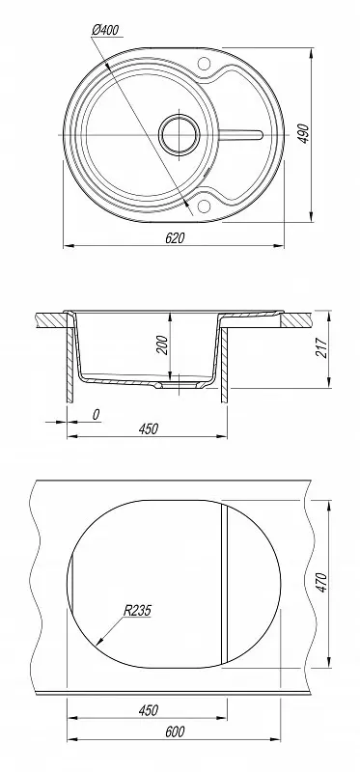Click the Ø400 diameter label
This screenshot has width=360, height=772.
pos(106,31)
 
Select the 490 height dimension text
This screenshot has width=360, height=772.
pos(304,133)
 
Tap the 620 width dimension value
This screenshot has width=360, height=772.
pos(175,238)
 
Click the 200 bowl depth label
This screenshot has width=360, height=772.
pos(163,345)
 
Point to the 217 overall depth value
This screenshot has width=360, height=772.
pos(321,347)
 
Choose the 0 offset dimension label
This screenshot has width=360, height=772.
pos(97,415)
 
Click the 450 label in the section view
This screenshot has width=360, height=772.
pos(148,429)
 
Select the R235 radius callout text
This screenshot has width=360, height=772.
pos(137,611)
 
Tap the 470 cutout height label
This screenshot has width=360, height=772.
pos(321,583)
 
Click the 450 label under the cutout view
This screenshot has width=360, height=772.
pos(148,710)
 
